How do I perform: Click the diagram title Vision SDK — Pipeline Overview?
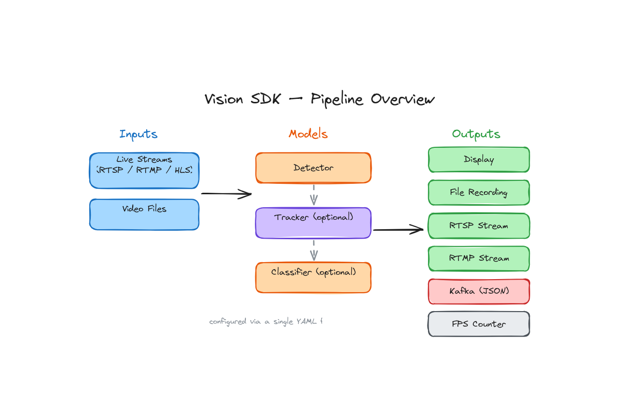click(319, 99)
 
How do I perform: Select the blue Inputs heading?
click(138, 134)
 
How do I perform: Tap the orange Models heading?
click(308, 134)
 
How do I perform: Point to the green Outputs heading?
click(476, 134)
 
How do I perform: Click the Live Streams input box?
click(144, 171)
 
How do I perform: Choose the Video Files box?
click(144, 215)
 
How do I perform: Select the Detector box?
click(313, 168)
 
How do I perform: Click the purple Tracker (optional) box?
click(313, 223)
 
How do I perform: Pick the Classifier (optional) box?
click(313, 278)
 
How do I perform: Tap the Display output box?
click(478, 160)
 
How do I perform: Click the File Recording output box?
click(478, 193)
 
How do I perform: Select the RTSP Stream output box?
click(478, 226)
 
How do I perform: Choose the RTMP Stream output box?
click(478, 259)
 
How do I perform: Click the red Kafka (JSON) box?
click(478, 291)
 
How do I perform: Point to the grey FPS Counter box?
click(478, 324)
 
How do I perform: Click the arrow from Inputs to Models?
click(226, 194)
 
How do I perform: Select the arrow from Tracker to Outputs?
click(398, 230)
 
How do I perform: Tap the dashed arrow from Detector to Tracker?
click(313, 195)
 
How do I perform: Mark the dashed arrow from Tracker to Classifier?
click(313, 250)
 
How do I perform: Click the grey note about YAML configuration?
click(265, 322)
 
